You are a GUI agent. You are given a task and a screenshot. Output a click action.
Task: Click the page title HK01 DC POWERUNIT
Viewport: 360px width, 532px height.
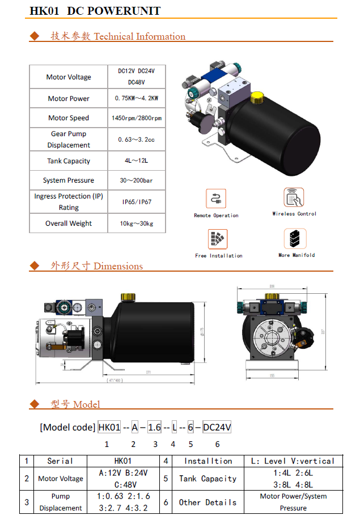[95, 11]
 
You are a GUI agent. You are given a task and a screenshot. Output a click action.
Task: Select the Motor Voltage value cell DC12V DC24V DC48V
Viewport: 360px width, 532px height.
[137, 77]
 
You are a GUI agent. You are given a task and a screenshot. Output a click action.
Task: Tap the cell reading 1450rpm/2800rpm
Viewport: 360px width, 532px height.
[137, 118]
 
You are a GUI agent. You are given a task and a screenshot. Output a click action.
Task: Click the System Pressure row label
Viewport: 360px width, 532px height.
[69, 180]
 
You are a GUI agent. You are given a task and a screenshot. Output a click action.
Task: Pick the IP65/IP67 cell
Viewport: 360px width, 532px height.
[137, 202]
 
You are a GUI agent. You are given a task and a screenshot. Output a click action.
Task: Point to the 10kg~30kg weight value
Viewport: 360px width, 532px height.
[137, 223]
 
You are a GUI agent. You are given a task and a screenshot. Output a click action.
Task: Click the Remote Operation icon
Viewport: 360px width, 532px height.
[216, 199]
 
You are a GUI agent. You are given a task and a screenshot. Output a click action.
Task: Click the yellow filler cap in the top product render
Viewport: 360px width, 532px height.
[257, 99]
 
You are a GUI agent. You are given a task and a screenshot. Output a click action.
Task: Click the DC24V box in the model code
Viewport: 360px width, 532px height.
[217, 427]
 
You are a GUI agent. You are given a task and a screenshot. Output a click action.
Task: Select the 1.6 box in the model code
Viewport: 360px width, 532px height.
[154, 427]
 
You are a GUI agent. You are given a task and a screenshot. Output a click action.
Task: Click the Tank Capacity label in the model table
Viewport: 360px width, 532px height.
[207, 479]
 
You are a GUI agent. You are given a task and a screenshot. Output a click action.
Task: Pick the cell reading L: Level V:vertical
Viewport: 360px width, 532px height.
[293, 461]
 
